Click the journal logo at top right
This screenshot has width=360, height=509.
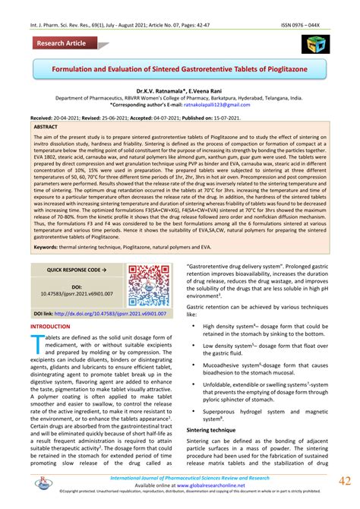pos(313,44)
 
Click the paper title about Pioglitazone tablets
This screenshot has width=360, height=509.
pos(179,69)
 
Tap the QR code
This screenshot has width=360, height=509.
pos(148,285)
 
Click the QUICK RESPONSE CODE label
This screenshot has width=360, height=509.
pos(76,269)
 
